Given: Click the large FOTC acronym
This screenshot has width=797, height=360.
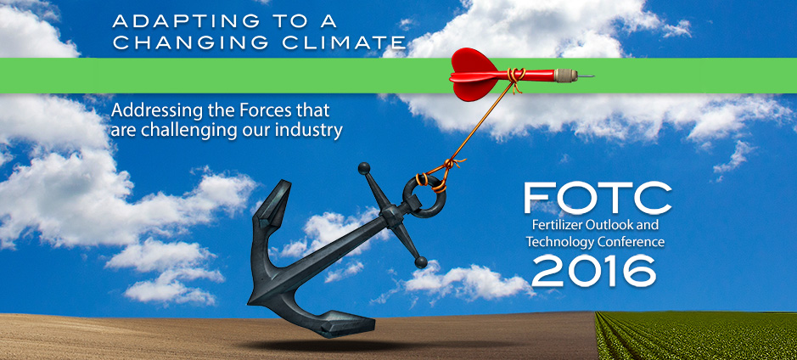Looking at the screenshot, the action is coord(598,198).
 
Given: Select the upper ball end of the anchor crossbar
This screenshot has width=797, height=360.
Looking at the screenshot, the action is coord(364,169).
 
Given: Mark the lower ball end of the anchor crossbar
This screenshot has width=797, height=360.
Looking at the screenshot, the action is coord(421,262).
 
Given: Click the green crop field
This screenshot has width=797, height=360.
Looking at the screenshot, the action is coord(695,335).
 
